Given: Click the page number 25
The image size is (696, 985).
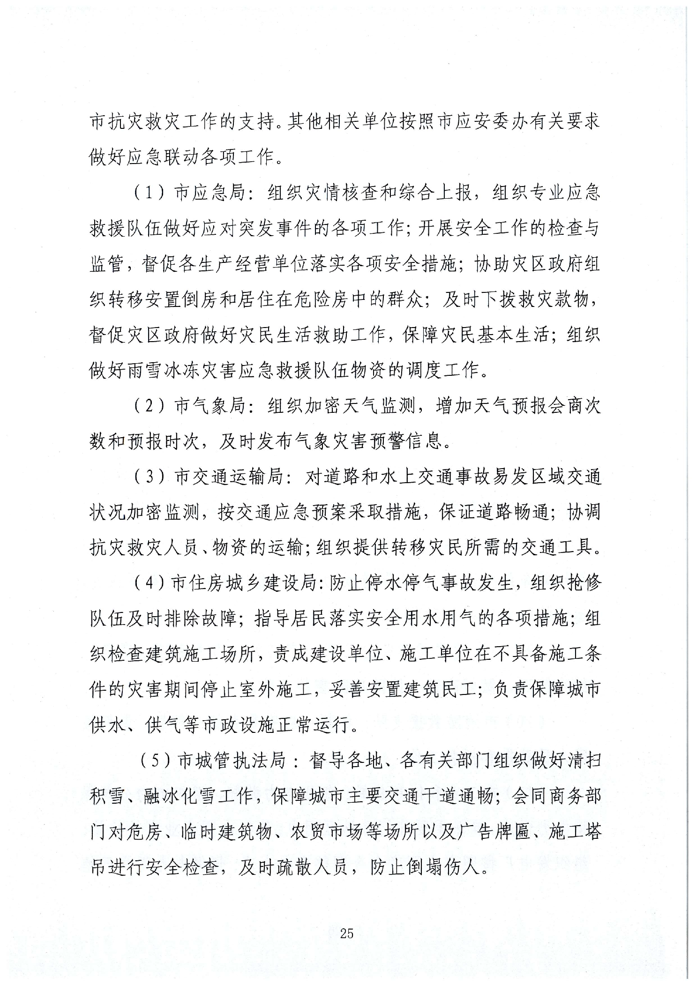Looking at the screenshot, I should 346,933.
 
